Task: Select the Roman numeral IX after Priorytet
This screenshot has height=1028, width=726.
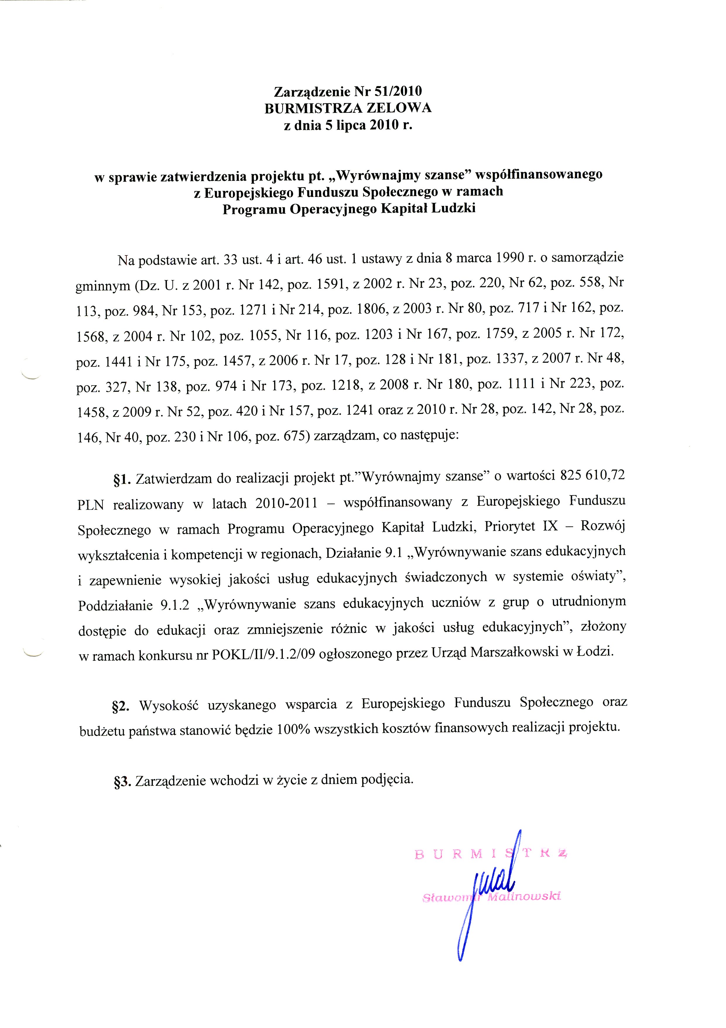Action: coord(550,526)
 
